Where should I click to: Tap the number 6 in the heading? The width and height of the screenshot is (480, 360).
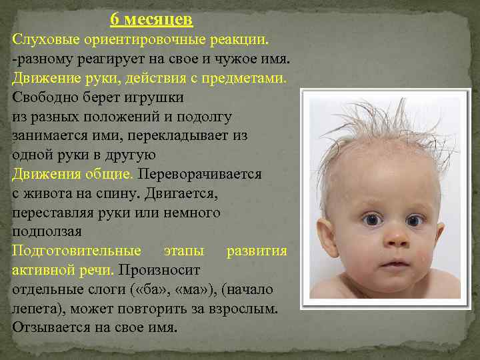coord(115,20)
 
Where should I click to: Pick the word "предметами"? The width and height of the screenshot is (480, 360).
coord(246,78)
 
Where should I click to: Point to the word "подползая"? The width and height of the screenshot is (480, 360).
coord(47,231)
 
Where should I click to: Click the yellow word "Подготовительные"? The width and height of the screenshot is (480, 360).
coord(77,251)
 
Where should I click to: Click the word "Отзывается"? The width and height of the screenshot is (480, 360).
coord(50,328)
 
